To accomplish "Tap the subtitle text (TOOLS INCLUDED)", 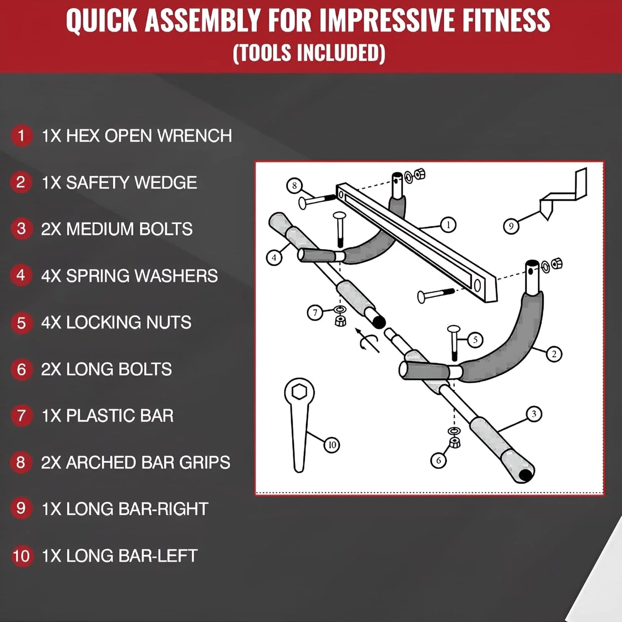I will click(309, 53).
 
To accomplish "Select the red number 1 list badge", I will click(21, 136).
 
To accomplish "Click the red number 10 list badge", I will click(21, 556).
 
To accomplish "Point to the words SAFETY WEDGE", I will click(131, 183).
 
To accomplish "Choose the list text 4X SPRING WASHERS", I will click(129, 276).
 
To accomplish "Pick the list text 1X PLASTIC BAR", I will click(107, 416).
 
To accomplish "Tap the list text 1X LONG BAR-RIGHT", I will click(125, 509).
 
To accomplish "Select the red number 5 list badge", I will click(21, 323).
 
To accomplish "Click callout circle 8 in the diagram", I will click(294, 185).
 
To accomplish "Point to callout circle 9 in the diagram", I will click(511, 226).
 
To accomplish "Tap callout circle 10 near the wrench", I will click(332, 445).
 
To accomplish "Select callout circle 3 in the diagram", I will click(534, 414).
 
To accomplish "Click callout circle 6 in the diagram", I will click(438, 460).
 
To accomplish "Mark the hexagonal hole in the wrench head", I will click(299, 391).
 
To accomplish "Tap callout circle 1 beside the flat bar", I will click(448, 225).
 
